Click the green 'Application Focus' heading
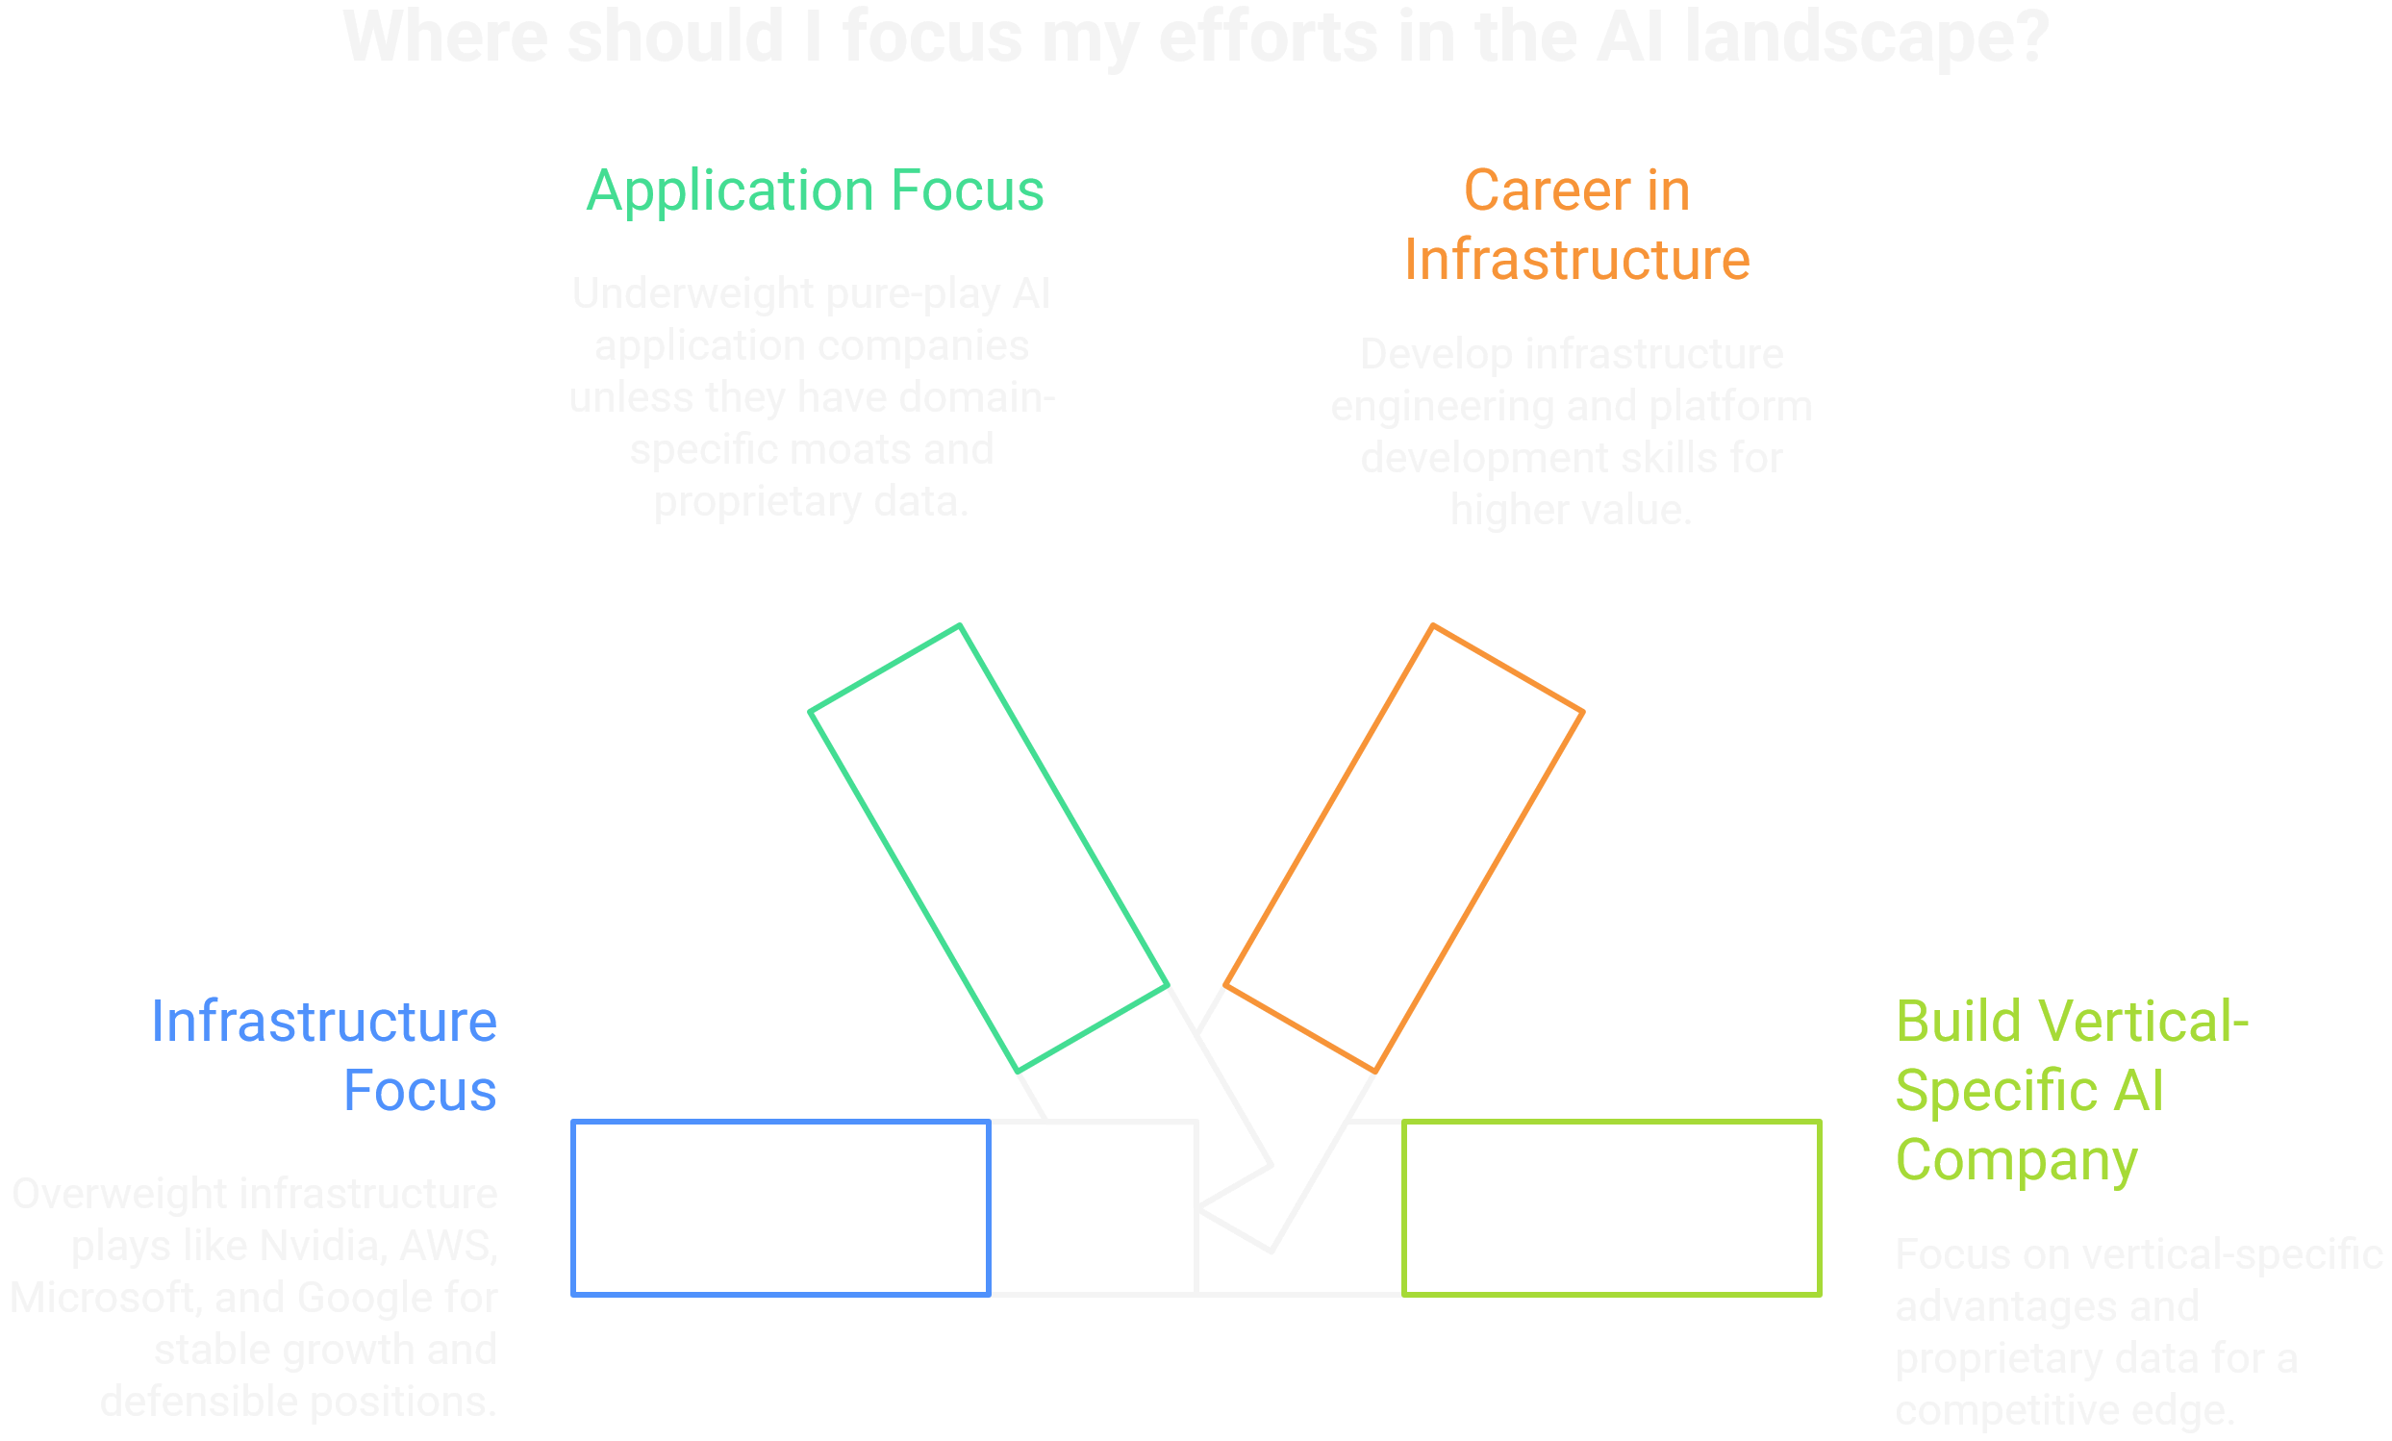[815, 190]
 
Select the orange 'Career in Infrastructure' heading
[1576, 225]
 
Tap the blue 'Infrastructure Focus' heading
[323, 1055]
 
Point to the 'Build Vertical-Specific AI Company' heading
[2072, 1091]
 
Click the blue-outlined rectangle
[781, 1208]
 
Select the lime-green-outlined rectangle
[1611, 1208]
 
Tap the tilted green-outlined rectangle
[989, 848]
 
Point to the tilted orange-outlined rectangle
[1403, 848]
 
